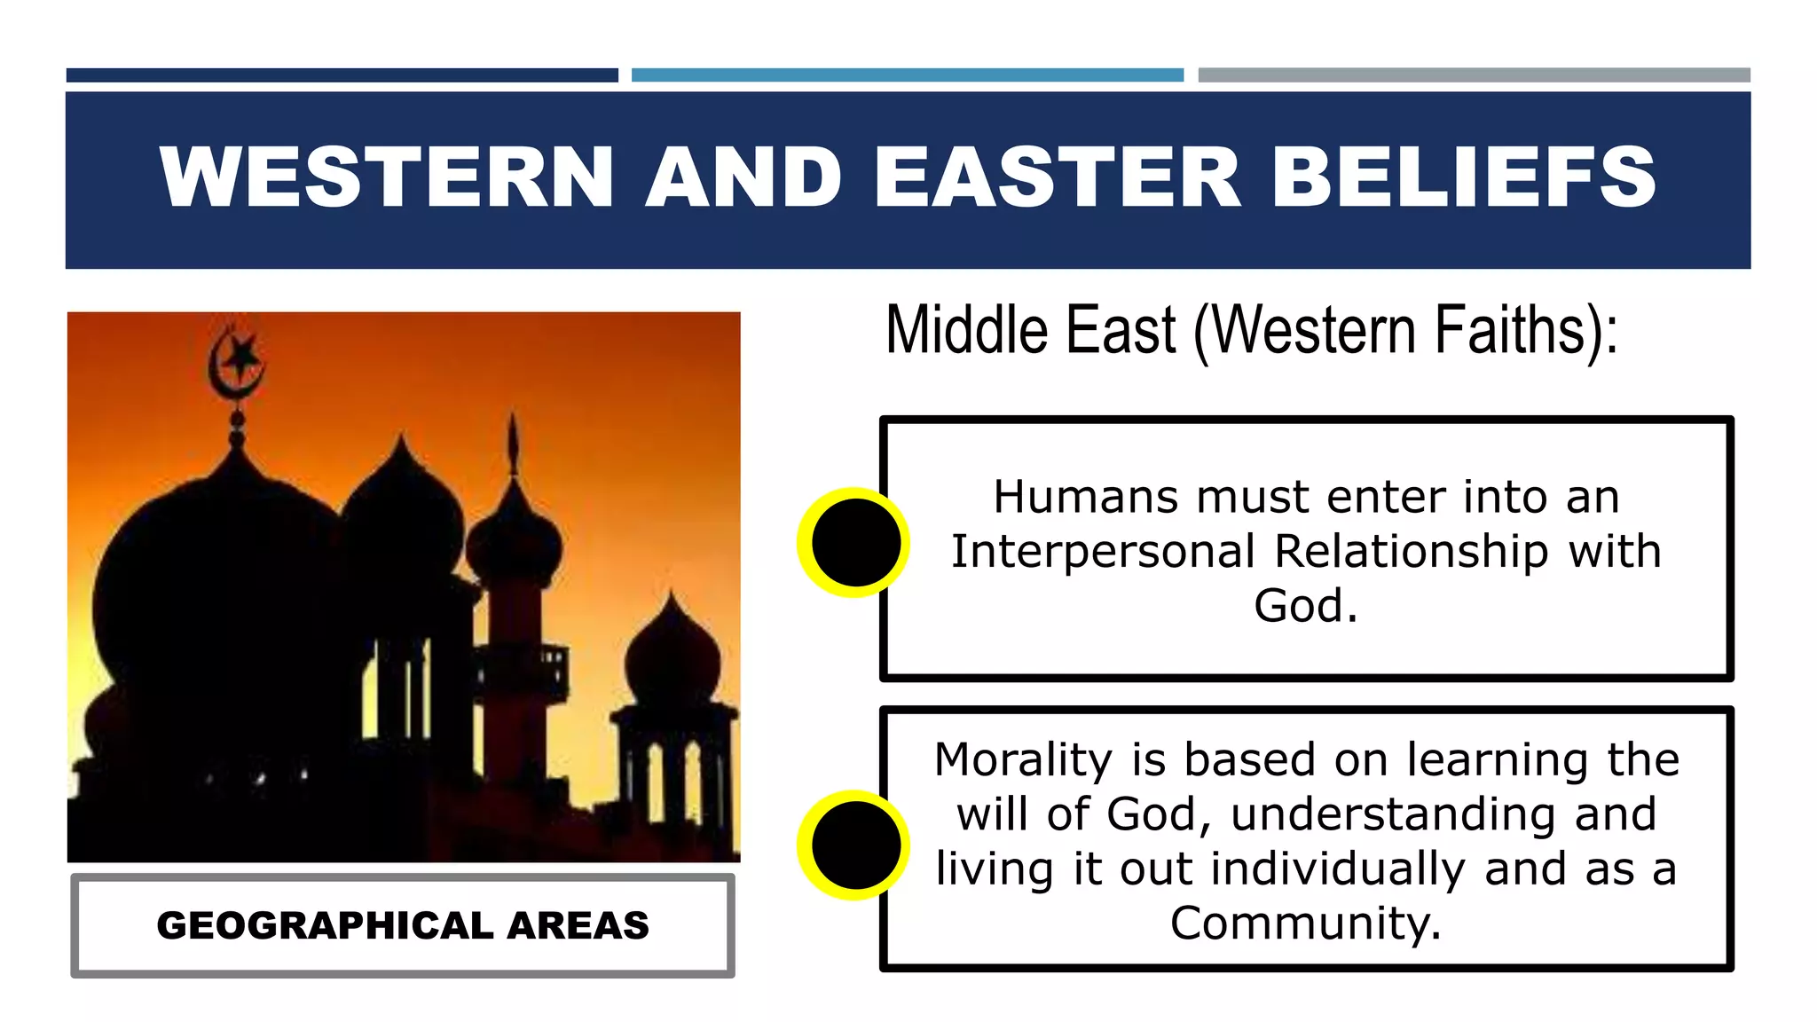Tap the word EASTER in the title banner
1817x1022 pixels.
pyautogui.click(x=1057, y=177)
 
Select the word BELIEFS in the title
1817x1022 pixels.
pyautogui.click(x=1464, y=177)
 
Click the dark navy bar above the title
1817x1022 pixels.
pyautogui.click(x=342, y=75)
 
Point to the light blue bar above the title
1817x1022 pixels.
pyautogui.click(x=907, y=75)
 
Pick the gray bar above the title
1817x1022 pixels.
pyautogui.click(x=1474, y=75)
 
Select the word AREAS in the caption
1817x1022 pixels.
pyautogui.click(x=578, y=925)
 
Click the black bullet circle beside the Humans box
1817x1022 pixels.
pyautogui.click(x=854, y=542)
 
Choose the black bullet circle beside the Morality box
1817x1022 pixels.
pyautogui.click(x=854, y=845)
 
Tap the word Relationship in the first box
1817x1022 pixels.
pyautogui.click(x=1411, y=551)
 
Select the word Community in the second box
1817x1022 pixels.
pyautogui.click(x=1304, y=924)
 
